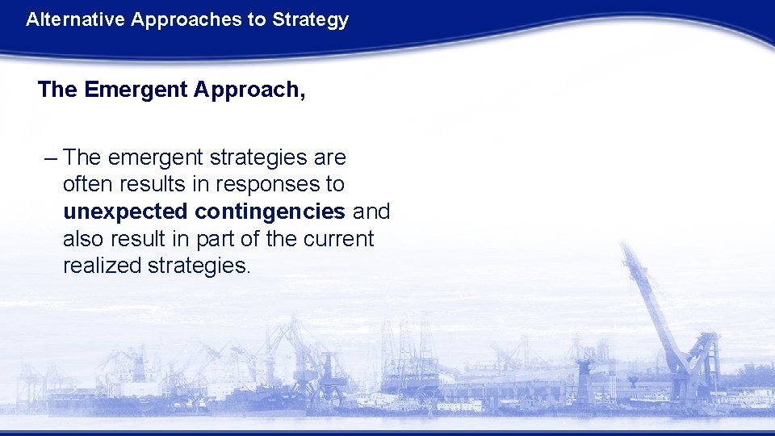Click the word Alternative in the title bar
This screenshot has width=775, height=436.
click(66, 20)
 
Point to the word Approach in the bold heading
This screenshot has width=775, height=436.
click(245, 90)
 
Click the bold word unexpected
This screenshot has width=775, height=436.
click(126, 212)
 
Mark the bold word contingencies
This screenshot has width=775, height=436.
click(270, 212)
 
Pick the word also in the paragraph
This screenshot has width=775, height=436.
click(84, 239)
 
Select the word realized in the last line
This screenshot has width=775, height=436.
click(103, 266)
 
